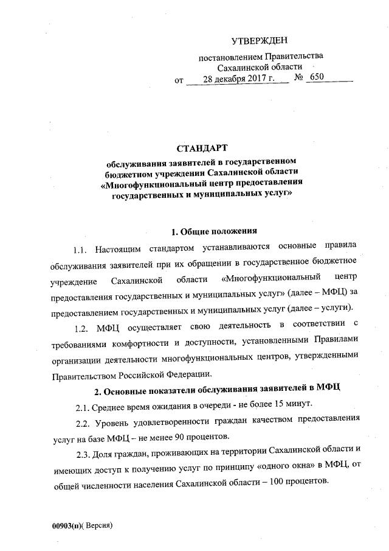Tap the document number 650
click(x=317, y=78)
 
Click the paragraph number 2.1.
click(x=84, y=405)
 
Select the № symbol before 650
click(x=298, y=79)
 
